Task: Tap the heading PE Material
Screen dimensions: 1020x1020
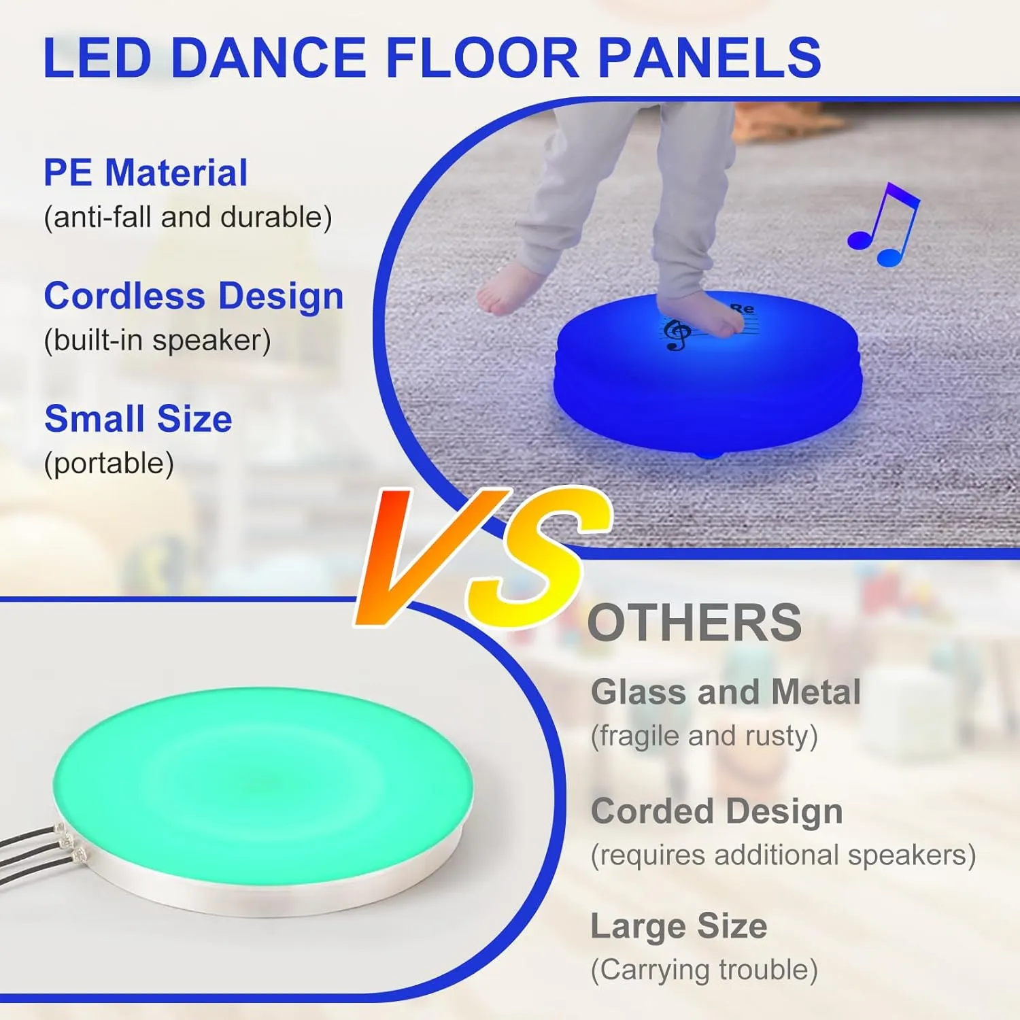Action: click(146, 173)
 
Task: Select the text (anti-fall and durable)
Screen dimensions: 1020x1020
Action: click(188, 218)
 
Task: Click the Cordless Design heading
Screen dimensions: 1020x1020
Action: click(194, 296)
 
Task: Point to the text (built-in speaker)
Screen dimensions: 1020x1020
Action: click(157, 341)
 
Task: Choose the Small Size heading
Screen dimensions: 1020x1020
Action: click(138, 419)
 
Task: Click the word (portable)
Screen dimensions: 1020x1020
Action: click(109, 464)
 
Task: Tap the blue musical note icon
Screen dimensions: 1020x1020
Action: click(883, 224)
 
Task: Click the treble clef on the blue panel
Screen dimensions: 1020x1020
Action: click(677, 334)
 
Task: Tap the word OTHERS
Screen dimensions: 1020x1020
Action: click(694, 623)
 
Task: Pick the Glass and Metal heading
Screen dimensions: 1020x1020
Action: click(726, 692)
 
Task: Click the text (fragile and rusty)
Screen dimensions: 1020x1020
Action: click(704, 736)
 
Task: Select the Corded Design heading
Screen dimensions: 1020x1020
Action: click(717, 811)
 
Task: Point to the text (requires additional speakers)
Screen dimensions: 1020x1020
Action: click(783, 855)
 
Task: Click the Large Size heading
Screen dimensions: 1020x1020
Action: click(679, 926)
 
